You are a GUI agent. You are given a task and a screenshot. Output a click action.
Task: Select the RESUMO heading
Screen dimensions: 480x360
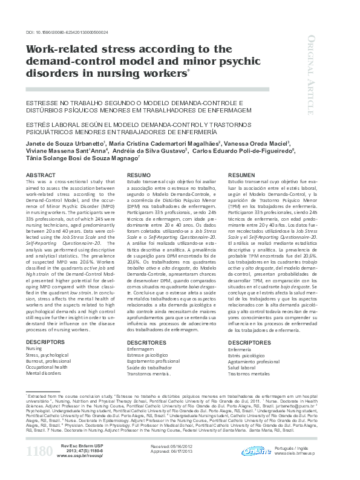point(138,175)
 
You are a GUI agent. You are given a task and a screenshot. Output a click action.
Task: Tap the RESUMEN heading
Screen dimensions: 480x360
point(241,175)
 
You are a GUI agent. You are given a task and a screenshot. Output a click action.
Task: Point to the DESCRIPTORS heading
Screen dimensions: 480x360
point(45,342)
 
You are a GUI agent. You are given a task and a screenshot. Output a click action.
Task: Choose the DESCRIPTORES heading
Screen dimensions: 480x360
point(250,342)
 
